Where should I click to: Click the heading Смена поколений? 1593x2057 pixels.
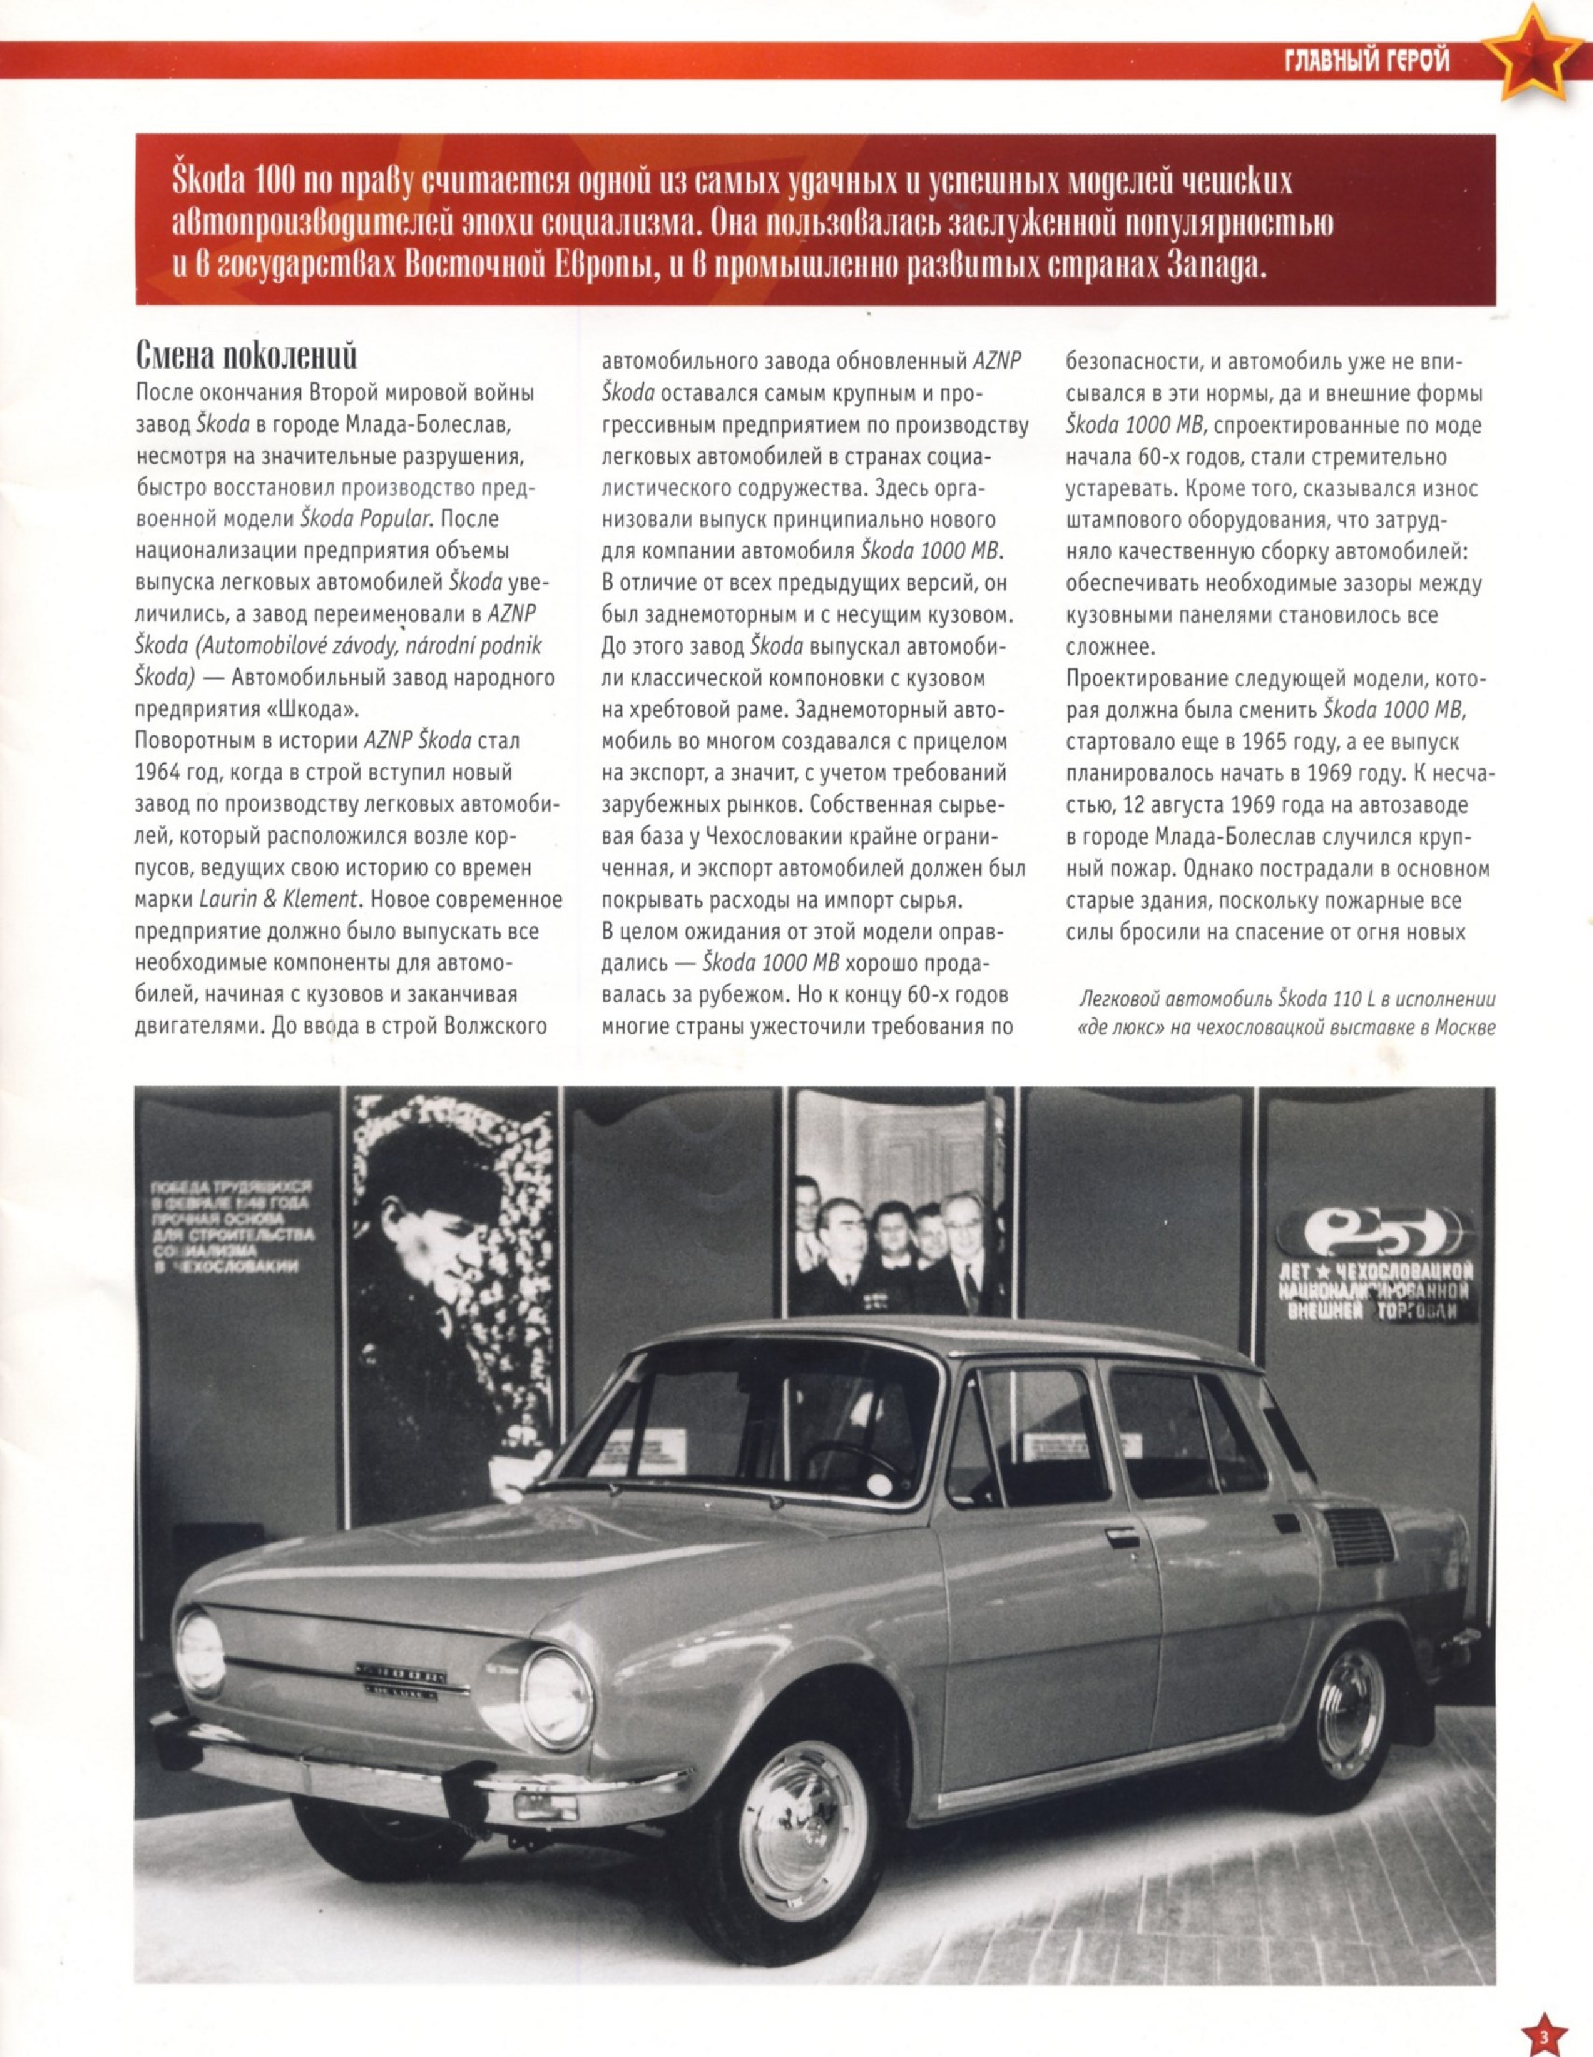click(x=247, y=357)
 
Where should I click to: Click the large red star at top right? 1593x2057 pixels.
click(x=1531, y=56)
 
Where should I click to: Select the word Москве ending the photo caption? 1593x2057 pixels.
click(x=1463, y=1027)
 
